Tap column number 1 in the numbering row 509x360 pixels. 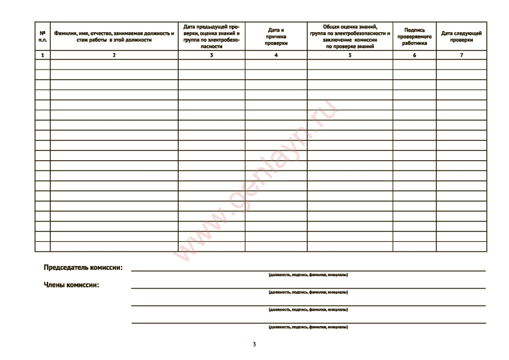tap(42, 55)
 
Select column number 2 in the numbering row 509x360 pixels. tap(114, 55)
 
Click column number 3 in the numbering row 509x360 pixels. tap(212, 55)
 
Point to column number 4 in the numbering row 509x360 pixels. tap(276, 55)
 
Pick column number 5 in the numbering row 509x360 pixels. tap(350, 55)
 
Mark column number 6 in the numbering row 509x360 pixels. tap(414, 55)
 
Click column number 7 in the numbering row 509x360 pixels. tap(461, 55)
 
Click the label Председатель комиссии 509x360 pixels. tap(83, 268)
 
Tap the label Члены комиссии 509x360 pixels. tap(71, 285)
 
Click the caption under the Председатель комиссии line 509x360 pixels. tap(308, 275)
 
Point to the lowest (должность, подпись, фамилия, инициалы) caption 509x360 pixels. tap(308, 327)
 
